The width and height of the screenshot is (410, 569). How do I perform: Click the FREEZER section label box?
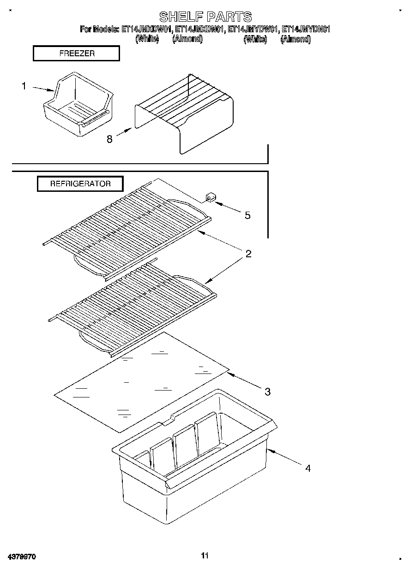tap(77, 53)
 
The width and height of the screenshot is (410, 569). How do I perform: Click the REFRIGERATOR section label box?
tap(80, 184)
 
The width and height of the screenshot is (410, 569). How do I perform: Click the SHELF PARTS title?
tap(205, 17)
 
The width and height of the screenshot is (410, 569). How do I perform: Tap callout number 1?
tap(24, 86)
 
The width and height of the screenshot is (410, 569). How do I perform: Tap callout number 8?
tap(109, 139)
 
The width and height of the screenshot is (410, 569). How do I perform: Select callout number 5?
tap(247, 215)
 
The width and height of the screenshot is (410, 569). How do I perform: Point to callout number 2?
tap(248, 254)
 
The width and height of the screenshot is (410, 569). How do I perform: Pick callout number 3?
tap(267, 392)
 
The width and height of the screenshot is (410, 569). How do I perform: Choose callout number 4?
tap(307, 468)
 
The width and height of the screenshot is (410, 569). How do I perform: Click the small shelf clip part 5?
tap(211, 198)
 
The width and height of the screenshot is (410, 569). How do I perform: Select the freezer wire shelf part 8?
tap(185, 113)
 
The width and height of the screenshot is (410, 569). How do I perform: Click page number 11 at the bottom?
tap(205, 556)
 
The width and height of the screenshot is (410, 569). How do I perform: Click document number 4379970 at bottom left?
tap(22, 557)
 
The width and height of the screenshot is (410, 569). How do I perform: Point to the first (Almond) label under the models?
tap(187, 39)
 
